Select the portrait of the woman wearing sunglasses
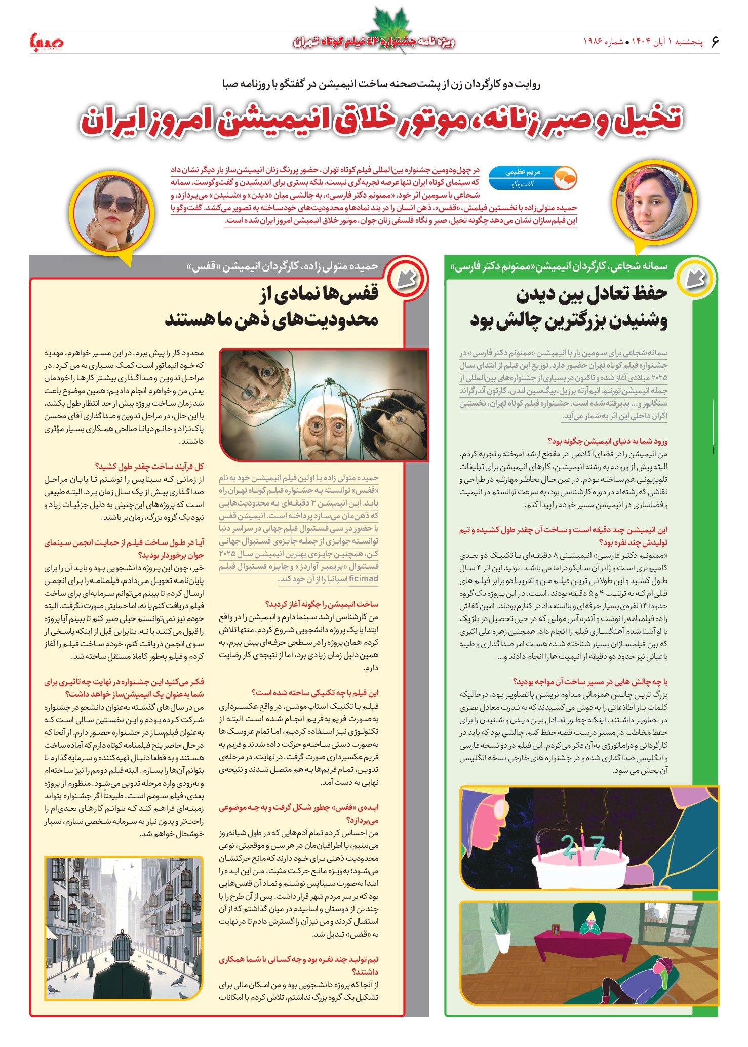(x=112, y=213)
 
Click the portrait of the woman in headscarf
(x=654, y=203)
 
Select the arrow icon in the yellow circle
(x=696, y=278)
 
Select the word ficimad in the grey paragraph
(x=364, y=578)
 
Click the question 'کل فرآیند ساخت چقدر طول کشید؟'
(x=149, y=467)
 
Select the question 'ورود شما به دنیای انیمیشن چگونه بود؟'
(x=608, y=441)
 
